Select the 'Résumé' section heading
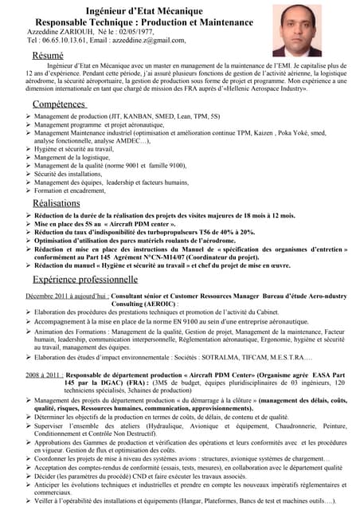(x=48, y=55)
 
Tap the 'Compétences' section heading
(x=60, y=104)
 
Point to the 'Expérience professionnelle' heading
(x=92, y=280)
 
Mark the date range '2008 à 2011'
(x=43, y=373)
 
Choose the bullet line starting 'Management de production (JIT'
(x=127, y=116)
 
